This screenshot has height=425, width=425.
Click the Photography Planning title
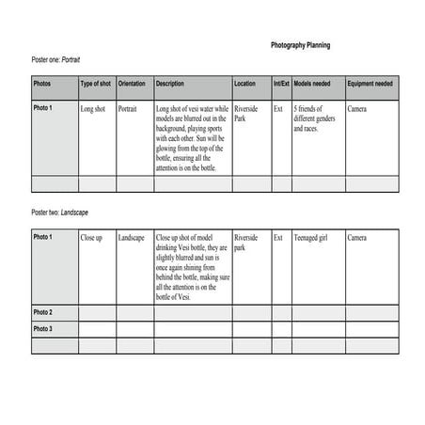pos(300,45)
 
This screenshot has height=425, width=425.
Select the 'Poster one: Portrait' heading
pos(58,60)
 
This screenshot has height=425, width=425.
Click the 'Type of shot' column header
pos(96,85)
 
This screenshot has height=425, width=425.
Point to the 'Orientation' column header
pos(132,85)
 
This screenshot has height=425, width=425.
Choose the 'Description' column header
pos(170,85)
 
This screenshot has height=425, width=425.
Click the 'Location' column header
pos(244,85)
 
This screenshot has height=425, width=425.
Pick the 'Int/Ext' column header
pos(281,85)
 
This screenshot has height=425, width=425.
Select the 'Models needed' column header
pos(313,85)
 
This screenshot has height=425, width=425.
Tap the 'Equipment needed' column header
pos(370,85)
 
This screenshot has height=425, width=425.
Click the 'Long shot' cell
pos(93,109)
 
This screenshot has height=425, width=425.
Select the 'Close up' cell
pos(91,238)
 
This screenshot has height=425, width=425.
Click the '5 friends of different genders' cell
pos(316,118)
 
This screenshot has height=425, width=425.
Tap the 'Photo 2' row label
pos(43,312)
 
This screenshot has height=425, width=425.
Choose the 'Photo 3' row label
pos(43,329)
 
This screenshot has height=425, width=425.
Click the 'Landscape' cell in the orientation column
pos(132,238)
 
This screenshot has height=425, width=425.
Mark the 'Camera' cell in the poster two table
pos(357,238)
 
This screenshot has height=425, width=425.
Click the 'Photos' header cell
pos(42,85)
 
